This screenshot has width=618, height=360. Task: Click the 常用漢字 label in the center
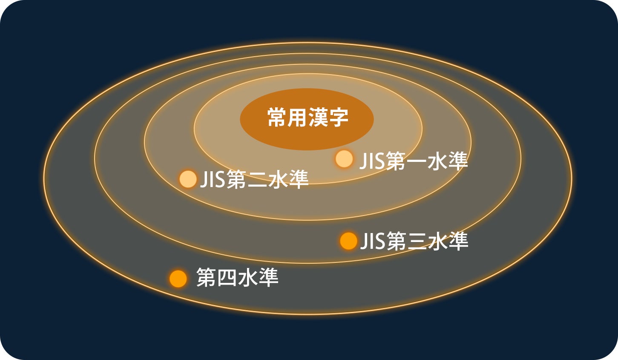[x=308, y=118]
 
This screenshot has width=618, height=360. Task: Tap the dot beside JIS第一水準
[x=344, y=159]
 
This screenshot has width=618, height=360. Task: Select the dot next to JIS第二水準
[x=187, y=179]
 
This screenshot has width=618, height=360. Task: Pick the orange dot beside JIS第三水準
[x=348, y=241]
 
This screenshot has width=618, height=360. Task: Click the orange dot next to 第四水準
[x=178, y=279]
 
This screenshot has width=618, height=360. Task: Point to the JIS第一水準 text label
[x=414, y=161]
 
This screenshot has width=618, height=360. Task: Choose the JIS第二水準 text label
[x=254, y=179]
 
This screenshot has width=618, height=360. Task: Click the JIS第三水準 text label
[x=414, y=242]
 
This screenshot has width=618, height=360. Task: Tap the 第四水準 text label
[x=237, y=278]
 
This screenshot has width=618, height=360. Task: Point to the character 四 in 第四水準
[x=227, y=278]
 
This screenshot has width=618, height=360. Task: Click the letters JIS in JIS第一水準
[x=372, y=161]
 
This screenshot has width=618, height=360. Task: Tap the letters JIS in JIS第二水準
[x=212, y=179]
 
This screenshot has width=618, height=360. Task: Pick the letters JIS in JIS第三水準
[x=373, y=242]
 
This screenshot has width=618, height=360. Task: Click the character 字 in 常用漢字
[x=339, y=118]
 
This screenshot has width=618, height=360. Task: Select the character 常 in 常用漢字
[x=277, y=118]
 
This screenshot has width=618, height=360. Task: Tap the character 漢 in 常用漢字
[x=318, y=118]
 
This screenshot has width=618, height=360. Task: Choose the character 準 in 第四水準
[x=268, y=278]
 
